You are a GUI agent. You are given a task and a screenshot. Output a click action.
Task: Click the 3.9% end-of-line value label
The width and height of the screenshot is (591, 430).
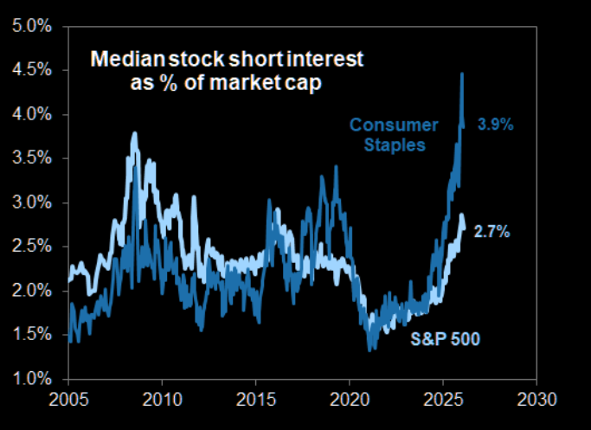[495, 125]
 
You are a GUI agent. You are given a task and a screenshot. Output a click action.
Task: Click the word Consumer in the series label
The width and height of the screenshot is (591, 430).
[387, 125]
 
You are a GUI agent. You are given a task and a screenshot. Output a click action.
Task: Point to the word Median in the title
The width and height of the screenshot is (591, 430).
[120, 60]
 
